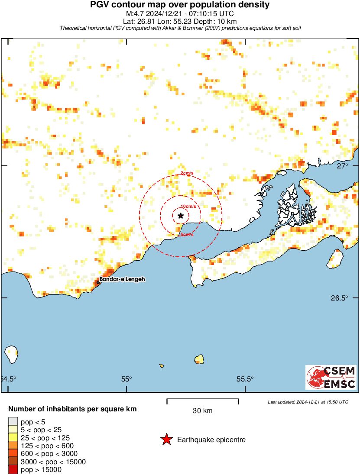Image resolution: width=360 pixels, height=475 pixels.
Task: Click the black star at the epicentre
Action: pyautogui.click(x=181, y=216)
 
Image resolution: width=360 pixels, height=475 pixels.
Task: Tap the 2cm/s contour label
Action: pyautogui.click(x=187, y=174)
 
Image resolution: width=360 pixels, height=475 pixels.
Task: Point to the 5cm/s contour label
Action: pyautogui.click(x=187, y=235)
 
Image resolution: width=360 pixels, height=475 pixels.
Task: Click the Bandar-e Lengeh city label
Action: pyautogui.click(x=122, y=280)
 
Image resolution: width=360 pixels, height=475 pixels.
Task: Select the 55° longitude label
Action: pyautogui.click(x=126, y=379)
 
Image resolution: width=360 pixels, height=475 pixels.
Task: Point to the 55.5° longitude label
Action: pyautogui.click(x=245, y=379)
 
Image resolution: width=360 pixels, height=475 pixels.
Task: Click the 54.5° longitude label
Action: pyautogui.click(x=8, y=379)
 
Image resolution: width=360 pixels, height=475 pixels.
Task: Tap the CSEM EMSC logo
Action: pyautogui.click(x=331, y=377)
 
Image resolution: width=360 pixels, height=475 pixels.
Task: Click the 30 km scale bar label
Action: pyautogui.click(x=202, y=410)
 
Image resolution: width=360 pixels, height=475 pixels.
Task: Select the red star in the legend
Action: pyautogui.click(x=166, y=440)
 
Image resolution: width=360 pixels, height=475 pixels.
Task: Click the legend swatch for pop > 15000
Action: pyautogui.click(x=13, y=469)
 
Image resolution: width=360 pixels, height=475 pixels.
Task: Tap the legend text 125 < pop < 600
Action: pyautogui.click(x=47, y=446)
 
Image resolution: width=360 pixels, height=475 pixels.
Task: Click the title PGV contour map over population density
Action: pyautogui.click(x=180, y=5)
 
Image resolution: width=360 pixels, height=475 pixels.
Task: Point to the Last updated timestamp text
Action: pyautogui.click(x=308, y=402)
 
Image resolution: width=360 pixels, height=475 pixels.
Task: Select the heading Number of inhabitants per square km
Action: pyautogui.click(x=73, y=409)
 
